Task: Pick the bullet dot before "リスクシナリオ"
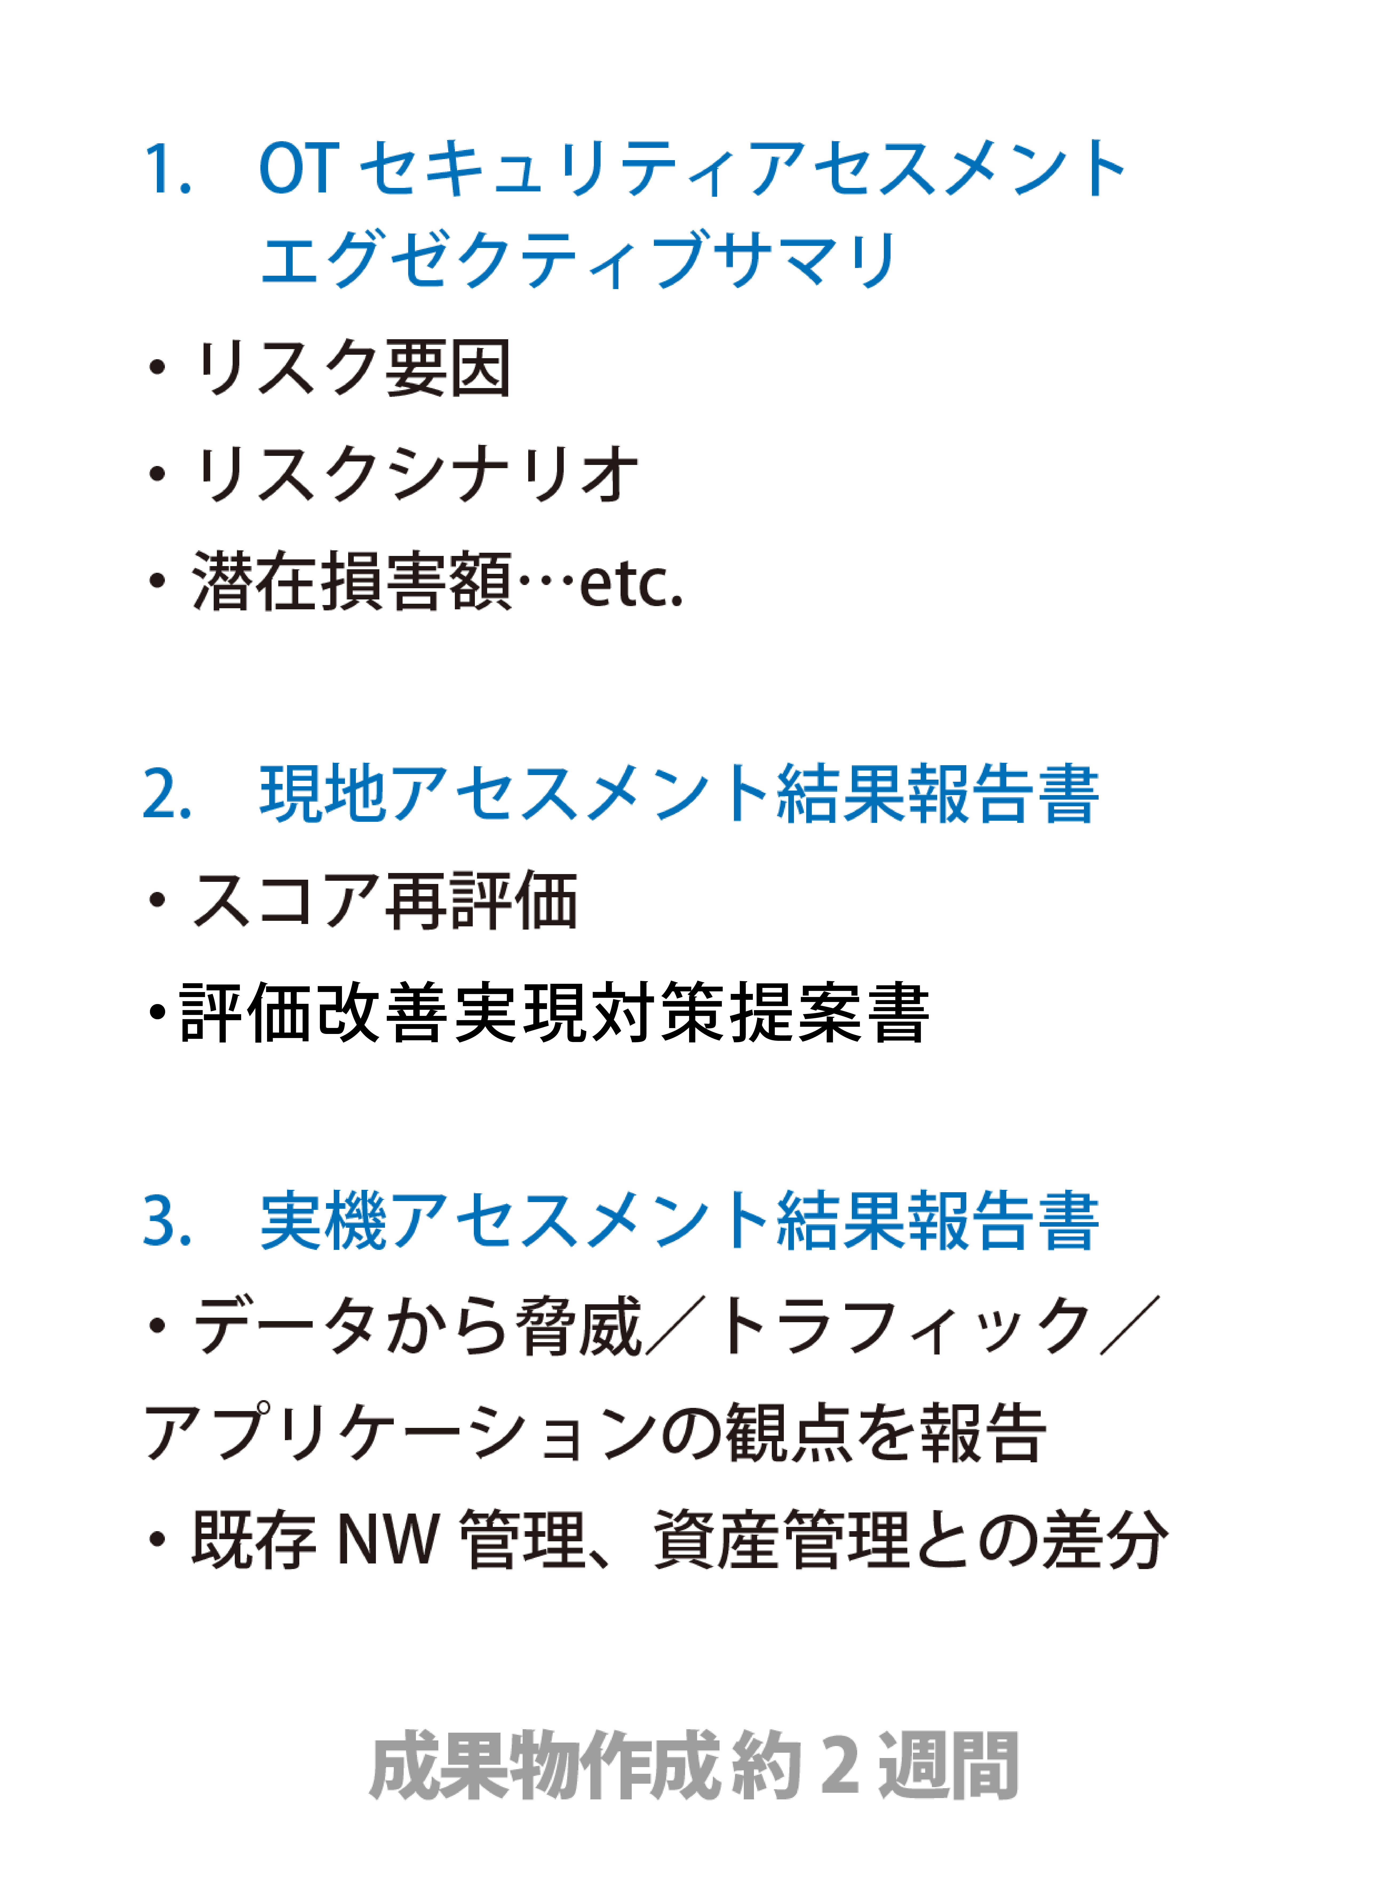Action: tap(157, 474)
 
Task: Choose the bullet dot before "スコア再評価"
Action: tap(157, 900)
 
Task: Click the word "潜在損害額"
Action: tap(352, 580)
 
